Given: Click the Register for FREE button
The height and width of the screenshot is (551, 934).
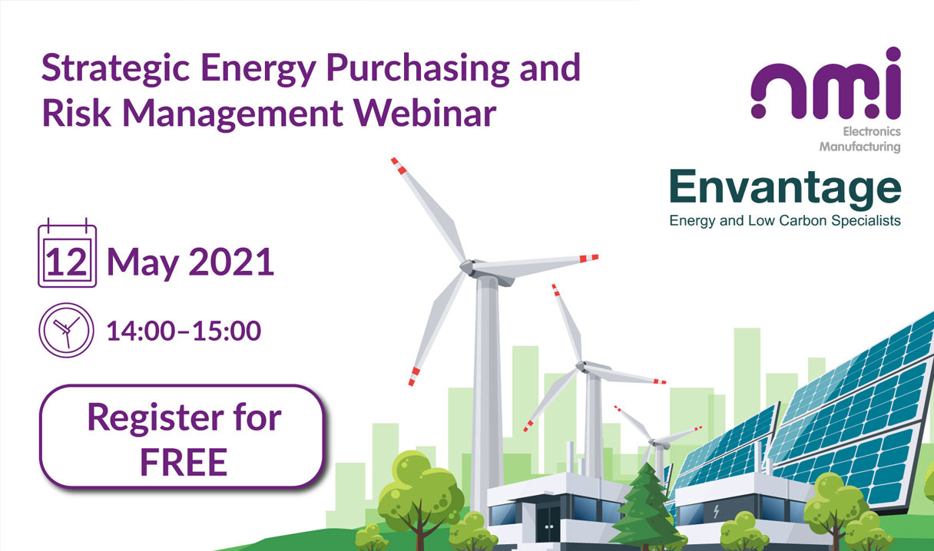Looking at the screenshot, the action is pyautogui.click(x=182, y=437).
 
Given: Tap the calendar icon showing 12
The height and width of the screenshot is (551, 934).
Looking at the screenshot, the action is pyautogui.click(x=67, y=252).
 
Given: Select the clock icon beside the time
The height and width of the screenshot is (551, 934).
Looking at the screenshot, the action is pyautogui.click(x=66, y=330).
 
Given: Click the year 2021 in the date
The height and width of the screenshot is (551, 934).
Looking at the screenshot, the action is pyautogui.click(x=231, y=262).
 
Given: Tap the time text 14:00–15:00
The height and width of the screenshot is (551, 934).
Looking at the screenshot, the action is pyautogui.click(x=184, y=331).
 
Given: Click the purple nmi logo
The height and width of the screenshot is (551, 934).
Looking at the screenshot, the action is pyautogui.click(x=826, y=84).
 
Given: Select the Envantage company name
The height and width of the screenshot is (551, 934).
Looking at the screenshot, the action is pyautogui.click(x=785, y=190).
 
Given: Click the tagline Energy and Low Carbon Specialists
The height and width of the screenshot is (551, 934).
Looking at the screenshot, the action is pyautogui.click(x=785, y=220).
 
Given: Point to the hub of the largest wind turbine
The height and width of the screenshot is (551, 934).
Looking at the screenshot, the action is pyautogui.click(x=468, y=266).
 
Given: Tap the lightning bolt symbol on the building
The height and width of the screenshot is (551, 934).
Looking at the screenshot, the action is pyautogui.click(x=716, y=511).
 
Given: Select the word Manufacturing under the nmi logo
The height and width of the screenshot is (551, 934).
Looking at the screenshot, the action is pyautogui.click(x=859, y=147).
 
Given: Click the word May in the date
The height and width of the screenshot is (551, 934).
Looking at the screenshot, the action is pyautogui.click(x=143, y=263).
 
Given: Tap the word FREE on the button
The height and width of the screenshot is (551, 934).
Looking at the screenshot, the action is pyautogui.click(x=184, y=462).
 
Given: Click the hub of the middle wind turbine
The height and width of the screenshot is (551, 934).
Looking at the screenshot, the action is pyautogui.click(x=581, y=366).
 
